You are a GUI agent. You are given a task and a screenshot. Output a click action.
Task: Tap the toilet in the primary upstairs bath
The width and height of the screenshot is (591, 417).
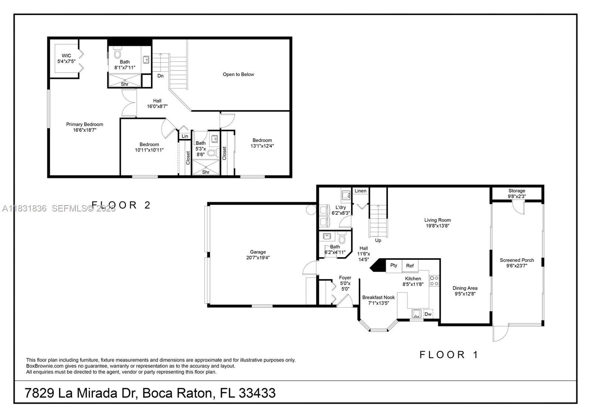[x=117, y=53]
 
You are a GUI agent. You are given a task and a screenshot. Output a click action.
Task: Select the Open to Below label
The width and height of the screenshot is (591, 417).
[x=238, y=75]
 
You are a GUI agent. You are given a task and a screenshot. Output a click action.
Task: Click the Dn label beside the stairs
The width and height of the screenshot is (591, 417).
[x=160, y=76]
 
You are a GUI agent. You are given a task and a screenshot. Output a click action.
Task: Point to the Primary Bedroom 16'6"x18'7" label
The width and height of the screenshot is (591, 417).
[x=85, y=127]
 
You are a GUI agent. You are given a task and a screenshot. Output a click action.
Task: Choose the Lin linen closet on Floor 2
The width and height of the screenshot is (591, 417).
[x=185, y=136]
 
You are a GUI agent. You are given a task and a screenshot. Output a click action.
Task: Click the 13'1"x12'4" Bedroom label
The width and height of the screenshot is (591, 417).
[x=262, y=143]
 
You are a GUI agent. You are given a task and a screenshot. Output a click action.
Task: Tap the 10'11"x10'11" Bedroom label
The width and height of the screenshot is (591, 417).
[x=149, y=147]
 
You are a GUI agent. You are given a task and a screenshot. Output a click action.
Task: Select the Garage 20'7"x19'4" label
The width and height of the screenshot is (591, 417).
[x=258, y=255]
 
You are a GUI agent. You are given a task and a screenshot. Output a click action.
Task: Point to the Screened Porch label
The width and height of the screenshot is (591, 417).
[x=517, y=263]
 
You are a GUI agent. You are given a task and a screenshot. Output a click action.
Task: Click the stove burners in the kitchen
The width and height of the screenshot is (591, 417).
[x=434, y=281]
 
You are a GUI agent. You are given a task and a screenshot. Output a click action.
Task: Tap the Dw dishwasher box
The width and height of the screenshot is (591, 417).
[x=428, y=314]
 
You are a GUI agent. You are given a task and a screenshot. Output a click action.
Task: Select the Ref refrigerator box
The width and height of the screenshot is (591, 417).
[x=410, y=266]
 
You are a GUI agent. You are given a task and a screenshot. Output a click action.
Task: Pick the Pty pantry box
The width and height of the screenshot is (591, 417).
[x=394, y=266]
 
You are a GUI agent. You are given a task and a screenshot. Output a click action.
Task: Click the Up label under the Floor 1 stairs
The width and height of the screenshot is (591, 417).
[x=378, y=241]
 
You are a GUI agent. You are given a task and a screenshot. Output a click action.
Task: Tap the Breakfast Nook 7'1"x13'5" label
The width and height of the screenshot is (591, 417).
[x=378, y=300]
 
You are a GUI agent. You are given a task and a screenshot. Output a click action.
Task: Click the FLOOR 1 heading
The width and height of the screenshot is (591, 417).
[x=449, y=355]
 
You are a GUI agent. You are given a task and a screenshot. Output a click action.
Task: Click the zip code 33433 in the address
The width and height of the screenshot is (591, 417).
[x=257, y=393]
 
